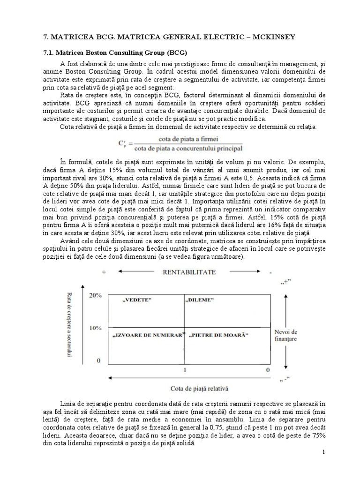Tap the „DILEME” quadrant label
click(200, 299)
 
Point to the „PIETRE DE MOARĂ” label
click(218, 336)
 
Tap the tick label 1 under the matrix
click(185, 370)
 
